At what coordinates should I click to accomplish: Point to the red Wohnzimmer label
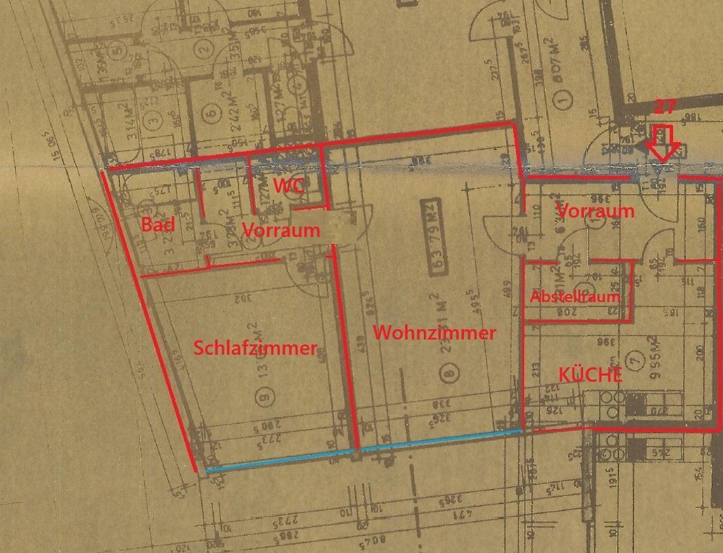point(434,333)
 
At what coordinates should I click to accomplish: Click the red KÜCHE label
point(590,375)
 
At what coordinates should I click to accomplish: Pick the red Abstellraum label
point(575,296)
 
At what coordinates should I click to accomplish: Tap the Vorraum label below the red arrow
point(595,211)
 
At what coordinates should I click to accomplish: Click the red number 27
point(666,106)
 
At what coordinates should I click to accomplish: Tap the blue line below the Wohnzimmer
point(440,440)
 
